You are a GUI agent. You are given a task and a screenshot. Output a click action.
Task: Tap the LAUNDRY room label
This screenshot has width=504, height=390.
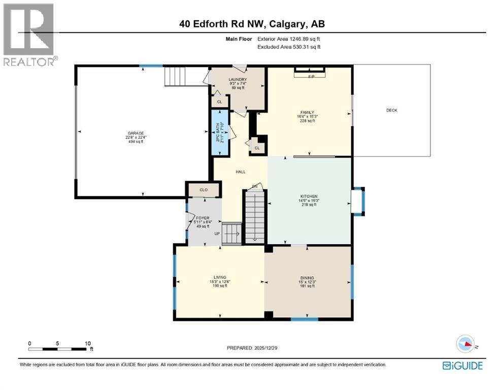238,80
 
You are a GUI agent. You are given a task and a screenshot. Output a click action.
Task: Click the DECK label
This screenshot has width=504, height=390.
391,110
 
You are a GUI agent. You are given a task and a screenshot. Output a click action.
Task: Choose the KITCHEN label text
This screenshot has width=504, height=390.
309,196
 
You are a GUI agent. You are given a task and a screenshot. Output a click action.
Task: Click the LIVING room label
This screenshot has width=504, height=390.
220,277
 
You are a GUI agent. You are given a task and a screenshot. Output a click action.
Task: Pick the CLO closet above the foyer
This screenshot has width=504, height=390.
204,190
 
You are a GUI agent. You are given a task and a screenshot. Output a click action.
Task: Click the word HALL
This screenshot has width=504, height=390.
241,172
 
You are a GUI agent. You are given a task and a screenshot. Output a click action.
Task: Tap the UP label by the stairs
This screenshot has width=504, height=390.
217,234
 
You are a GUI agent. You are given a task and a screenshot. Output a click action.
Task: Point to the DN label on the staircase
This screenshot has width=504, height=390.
255,187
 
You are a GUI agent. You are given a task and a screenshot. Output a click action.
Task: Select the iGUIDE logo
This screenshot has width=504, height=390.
462,366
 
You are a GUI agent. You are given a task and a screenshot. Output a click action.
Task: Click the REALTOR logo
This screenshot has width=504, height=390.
28,34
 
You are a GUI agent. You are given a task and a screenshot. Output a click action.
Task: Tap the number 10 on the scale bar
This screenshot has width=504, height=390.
87,343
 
